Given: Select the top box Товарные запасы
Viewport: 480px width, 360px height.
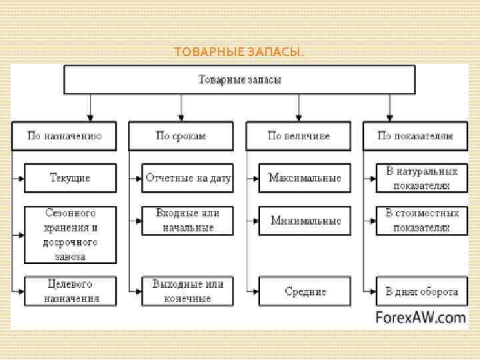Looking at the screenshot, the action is [239, 79].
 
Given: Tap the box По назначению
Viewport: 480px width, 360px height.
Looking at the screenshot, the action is [64, 135].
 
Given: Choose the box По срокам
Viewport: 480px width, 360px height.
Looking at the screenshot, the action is [181, 135].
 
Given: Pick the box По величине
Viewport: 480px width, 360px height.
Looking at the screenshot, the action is [298, 135].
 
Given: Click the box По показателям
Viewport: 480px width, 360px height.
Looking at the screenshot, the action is [415, 135].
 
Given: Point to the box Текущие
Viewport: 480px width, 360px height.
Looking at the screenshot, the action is [70, 178].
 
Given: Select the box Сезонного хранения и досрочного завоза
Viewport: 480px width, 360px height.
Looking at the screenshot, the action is [70, 234].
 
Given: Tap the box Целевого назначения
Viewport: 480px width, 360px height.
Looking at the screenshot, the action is [70, 291].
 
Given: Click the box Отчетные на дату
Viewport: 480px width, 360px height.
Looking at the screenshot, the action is [187, 178].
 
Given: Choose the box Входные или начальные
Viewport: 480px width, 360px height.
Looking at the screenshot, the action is [187, 220].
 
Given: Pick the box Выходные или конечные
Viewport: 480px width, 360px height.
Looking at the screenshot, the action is [187, 291].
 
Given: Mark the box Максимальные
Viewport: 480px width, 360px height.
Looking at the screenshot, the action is [305, 178].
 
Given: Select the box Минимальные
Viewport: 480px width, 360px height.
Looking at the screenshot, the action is [305, 220].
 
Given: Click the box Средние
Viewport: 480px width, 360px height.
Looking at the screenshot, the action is [305, 291].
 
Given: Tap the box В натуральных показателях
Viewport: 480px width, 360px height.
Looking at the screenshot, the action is [421, 178].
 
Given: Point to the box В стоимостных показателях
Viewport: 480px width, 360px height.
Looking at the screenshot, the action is [421, 220].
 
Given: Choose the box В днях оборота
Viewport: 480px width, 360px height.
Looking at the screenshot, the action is [421, 291].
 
